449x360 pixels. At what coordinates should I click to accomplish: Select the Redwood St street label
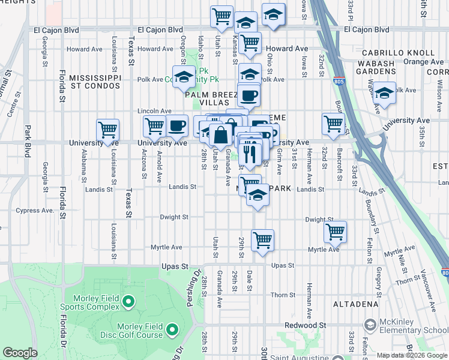306,325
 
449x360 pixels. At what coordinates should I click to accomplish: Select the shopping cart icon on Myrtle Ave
263,240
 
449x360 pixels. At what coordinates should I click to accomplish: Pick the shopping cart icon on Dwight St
335,231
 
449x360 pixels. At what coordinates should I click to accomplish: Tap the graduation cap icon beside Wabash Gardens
384,93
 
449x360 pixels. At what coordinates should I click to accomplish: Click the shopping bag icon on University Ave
221,134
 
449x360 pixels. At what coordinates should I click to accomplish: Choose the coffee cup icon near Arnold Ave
176,126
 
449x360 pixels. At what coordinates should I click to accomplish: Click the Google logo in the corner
20,353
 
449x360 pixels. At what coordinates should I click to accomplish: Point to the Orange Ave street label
423,61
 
